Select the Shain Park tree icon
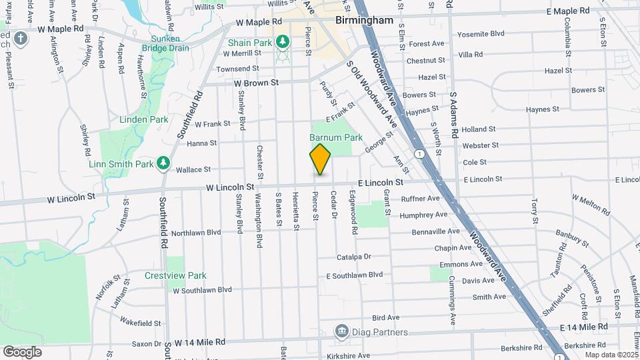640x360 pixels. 283,43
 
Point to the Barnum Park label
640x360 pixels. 336,138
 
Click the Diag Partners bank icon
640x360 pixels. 341,331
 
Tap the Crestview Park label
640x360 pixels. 175,275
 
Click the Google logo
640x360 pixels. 22,351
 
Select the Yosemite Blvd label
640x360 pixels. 479,33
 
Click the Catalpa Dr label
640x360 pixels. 353,256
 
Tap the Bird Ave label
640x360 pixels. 385,318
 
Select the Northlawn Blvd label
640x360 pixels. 196,233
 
